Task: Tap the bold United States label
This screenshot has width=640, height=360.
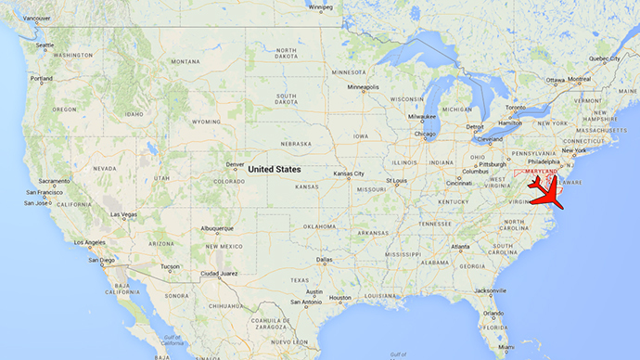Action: pyautogui.click(x=275, y=169)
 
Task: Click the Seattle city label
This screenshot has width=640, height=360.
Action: pyautogui.click(x=44, y=45)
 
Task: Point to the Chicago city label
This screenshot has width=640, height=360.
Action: pyautogui.click(x=425, y=134)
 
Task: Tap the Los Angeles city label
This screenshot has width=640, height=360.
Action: pyautogui.click(x=89, y=243)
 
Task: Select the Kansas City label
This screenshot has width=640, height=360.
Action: pyautogui.click(x=350, y=174)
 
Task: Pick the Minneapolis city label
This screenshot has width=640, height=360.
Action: pyautogui.click(x=363, y=87)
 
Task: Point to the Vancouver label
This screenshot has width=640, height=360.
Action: pyautogui.click(x=37, y=18)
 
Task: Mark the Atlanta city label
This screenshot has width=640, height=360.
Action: pyautogui.click(x=455, y=248)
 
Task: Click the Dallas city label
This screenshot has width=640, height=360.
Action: pyautogui.click(x=324, y=260)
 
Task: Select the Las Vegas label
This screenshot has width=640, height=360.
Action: pyautogui.click(x=124, y=214)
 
